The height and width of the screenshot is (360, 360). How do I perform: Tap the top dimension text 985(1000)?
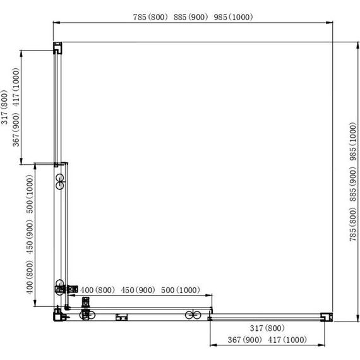click(x=233, y=17)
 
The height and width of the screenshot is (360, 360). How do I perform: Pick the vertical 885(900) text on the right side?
click(x=351, y=188)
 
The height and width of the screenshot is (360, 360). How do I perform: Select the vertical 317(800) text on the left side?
click(x=6, y=107)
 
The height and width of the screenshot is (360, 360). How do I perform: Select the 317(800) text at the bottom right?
click(x=267, y=328)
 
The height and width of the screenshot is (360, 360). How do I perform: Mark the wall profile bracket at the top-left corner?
click(x=57, y=47)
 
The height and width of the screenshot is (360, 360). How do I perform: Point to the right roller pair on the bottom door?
click(x=192, y=315)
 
